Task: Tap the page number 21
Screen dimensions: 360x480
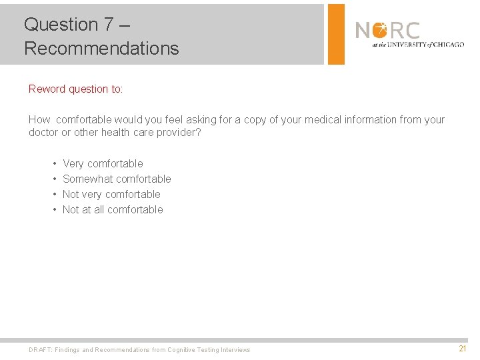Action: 463,349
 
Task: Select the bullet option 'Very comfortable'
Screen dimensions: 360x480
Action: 103,163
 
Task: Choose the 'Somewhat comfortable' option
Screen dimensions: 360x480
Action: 117,179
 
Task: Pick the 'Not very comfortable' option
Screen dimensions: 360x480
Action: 111,194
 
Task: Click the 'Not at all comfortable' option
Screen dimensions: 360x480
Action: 113,209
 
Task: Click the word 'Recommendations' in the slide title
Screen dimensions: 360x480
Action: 101,48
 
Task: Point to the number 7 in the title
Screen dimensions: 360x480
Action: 109,24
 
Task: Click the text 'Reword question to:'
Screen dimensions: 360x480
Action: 76,89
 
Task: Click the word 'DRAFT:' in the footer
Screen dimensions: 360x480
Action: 40,350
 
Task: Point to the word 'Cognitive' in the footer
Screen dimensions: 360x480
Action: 181,350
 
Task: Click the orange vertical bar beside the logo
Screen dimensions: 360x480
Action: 336,34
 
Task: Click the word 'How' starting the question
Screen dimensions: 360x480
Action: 39,120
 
